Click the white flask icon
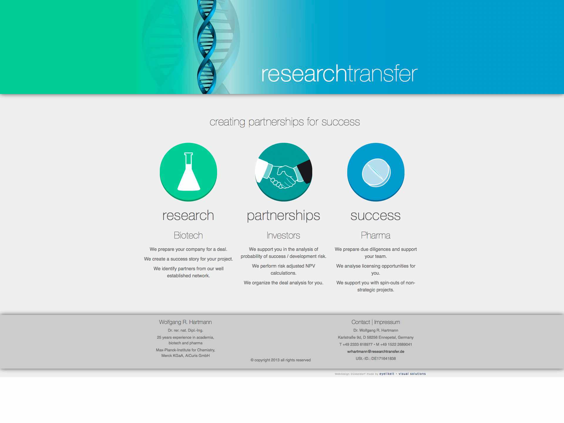click(x=189, y=172)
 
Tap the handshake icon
click(x=283, y=173)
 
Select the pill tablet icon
click(x=376, y=172)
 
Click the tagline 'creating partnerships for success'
click(x=285, y=122)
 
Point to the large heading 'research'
click(x=188, y=215)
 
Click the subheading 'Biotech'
click(x=188, y=235)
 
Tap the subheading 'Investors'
click(x=283, y=235)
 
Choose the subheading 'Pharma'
click(x=376, y=235)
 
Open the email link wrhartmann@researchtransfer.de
click(x=376, y=351)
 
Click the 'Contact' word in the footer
click(x=361, y=322)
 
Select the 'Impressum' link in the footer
click(x=387, y=322)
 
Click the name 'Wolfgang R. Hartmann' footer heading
click(x=185, y=322)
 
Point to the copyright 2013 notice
click(x=281, y=360)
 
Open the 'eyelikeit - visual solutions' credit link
click(x=402, y=374)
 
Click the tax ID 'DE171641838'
click(x=384, y=359)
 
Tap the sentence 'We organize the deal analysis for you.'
click(x=283, y=283)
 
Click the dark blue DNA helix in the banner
click(x=207, y=47)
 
